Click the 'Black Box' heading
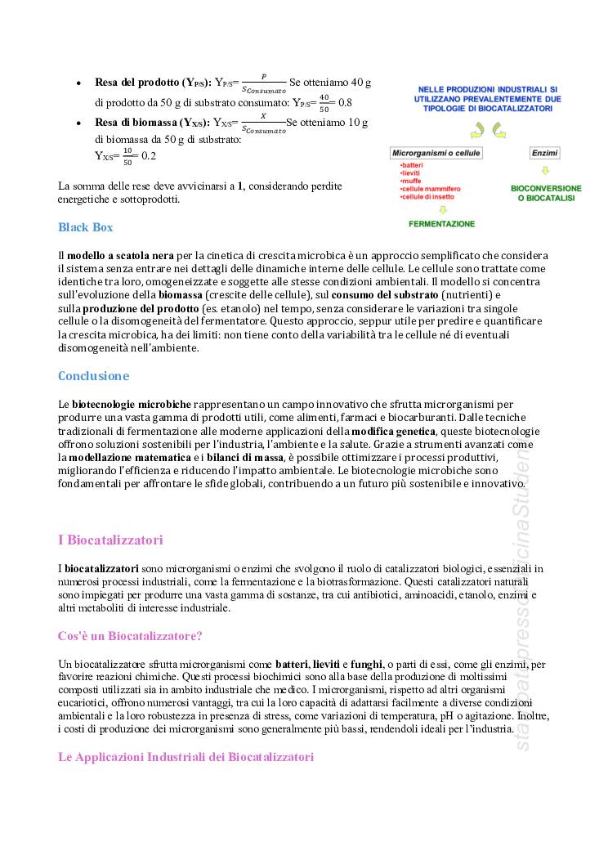(85, 227)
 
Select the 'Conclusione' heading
(93, 376)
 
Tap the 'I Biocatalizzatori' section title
(110, 540)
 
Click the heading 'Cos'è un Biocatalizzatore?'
(130, 636)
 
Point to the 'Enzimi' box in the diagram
(544, 153)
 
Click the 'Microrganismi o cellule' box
(436, 153)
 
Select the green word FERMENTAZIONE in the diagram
(442, 223)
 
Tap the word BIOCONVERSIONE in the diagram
(546, 188)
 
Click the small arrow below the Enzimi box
(545, 171)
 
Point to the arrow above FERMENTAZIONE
(442, 209)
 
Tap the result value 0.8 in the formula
(345, 103)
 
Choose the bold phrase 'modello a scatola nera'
(121, 256)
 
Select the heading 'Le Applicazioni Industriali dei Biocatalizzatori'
(186, 757)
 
